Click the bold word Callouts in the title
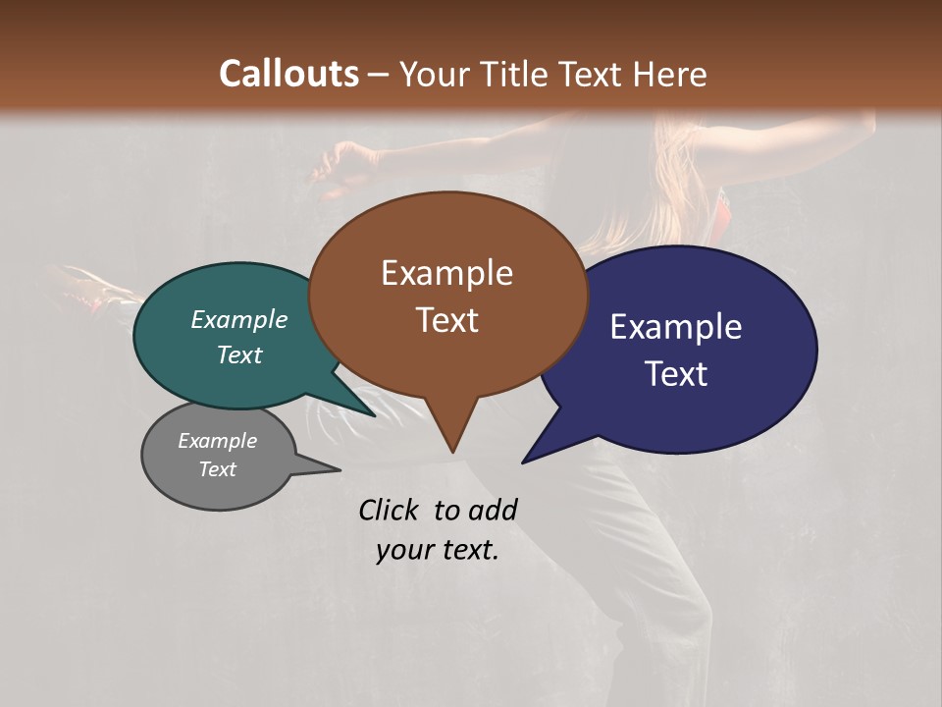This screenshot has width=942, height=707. click(x=288, y=74)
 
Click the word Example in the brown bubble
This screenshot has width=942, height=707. click(x=446, y=273)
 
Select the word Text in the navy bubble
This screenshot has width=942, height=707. click(x=676, y=374)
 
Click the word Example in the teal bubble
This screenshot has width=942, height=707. click(x=239, y=320)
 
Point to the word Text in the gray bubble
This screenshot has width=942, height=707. click(x=218, y=469)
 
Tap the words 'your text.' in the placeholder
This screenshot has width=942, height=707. click(x=438, y=550)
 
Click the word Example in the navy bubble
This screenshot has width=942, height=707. click(x=676, y=327)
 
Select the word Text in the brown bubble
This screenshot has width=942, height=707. click(x=447, y=320)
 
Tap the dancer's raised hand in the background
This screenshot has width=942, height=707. click(x=339, y=162)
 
